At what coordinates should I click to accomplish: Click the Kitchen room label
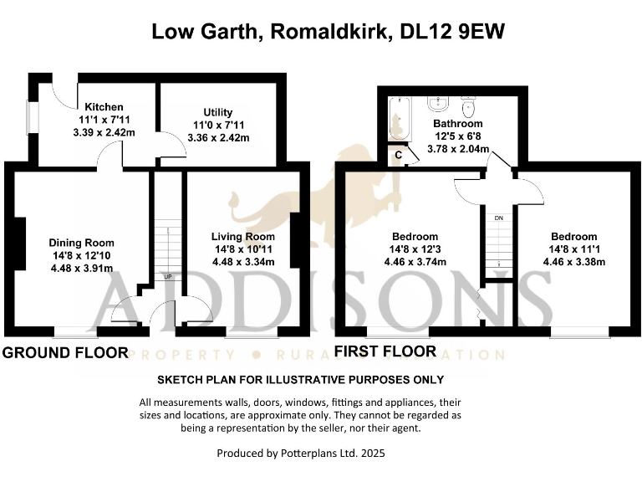point(104,107)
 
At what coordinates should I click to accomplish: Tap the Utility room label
point(218,112)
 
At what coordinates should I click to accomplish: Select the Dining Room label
point(80,243)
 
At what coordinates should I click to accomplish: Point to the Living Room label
point(242,237)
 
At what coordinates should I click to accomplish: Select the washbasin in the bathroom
point(437,105)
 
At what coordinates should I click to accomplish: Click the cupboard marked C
point(399,155)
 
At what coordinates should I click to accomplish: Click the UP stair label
point(168,277)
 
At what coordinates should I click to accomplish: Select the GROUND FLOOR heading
point(65,352)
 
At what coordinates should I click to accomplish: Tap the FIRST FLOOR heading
point(385,351)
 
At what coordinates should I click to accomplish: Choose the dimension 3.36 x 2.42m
point(218,138)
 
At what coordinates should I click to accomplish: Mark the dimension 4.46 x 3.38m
point(573,262)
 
